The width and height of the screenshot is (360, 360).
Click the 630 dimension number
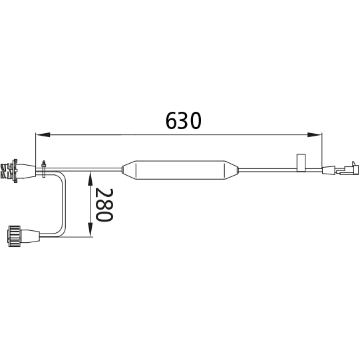(x=183, y=120)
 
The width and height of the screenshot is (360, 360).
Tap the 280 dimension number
(x=104, y=205)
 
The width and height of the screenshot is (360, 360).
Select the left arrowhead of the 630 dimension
(x=43, y=135)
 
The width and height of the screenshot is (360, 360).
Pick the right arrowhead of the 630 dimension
(x=315, y=135)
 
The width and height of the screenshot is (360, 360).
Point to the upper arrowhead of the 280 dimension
(x=90, y=179)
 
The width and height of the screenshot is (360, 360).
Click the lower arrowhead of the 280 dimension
(x=90, y=230)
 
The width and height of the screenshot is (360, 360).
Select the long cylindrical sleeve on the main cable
(x=180, y=170)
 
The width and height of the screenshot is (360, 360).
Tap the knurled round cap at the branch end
(x=15, y=236)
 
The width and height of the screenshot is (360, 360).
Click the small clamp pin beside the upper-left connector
(x=43, y=169)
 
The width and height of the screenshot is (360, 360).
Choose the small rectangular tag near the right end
(x=301, y=162)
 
